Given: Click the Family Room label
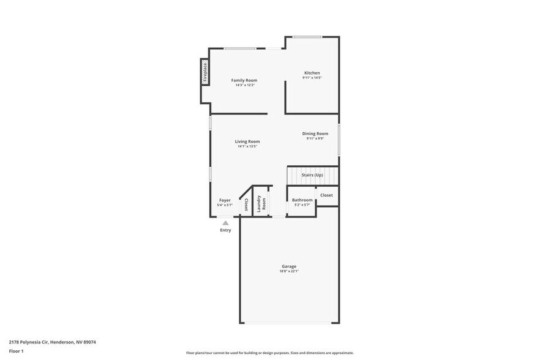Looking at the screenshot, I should pos(244,80).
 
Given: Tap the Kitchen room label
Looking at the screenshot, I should pos(312,73).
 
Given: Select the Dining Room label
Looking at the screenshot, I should pos(315,133).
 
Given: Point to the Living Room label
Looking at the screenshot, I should pos(247,141).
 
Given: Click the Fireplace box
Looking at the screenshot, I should pos(206,72).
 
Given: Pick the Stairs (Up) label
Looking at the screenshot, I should pos(312,175).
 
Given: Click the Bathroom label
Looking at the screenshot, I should pos(302,200).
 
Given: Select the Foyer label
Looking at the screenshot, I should pos(225,200).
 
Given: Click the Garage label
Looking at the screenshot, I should pos(289,266).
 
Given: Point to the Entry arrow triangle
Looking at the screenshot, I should pos(225,223).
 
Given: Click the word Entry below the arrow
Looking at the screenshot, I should pos(225,230).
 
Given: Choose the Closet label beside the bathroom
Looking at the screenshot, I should pos(326,195).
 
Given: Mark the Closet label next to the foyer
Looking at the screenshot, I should pos(246,204).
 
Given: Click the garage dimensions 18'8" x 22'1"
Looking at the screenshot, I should pos(289,271).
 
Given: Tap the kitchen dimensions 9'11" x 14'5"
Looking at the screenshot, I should pos(312,78).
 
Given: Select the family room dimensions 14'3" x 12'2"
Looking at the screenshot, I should pos(244,85).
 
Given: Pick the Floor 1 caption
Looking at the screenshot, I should pos(16,351).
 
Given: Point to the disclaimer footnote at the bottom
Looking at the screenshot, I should pos(269,353).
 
